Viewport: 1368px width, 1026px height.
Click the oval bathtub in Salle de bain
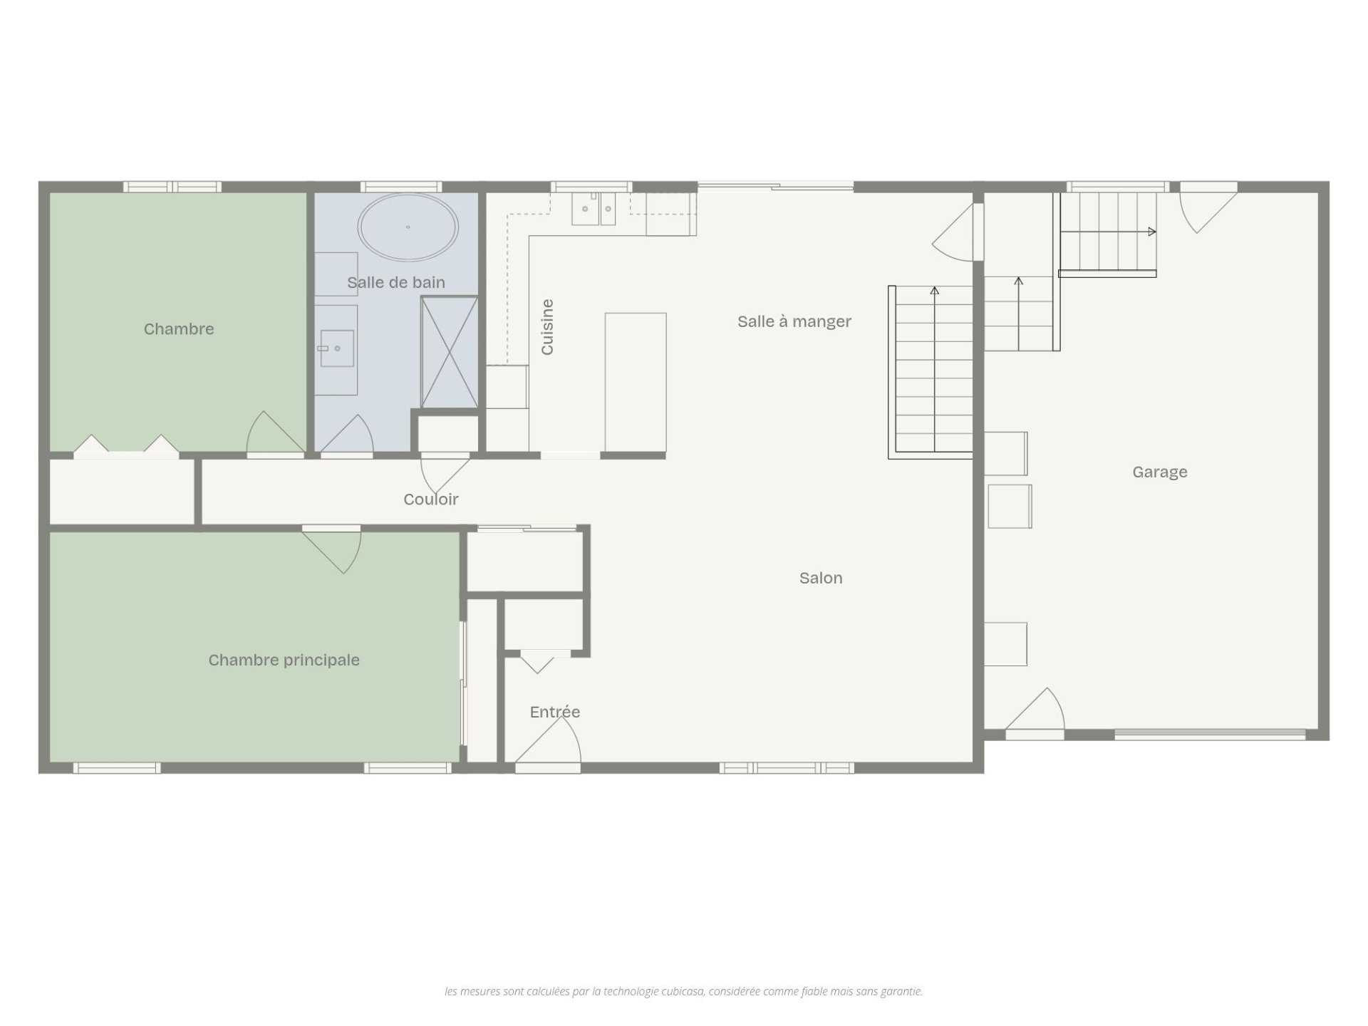408,227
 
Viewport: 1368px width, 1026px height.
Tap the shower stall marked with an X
449,353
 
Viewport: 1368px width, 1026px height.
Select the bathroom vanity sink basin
336,348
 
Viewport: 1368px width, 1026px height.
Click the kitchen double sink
594,209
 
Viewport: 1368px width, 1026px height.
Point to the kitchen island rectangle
636,383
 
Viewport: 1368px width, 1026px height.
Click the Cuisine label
547,327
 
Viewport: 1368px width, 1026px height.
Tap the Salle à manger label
794,321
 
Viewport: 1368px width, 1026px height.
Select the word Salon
821,578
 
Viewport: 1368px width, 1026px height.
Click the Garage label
1160,472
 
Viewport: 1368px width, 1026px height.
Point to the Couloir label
431,499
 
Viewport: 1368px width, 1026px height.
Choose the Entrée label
555,712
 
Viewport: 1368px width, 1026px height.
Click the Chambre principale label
284,660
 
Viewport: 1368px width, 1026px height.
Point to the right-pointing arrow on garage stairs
1107,232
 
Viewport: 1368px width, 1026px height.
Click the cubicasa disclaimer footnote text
683,991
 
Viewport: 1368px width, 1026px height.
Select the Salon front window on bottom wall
787,768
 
